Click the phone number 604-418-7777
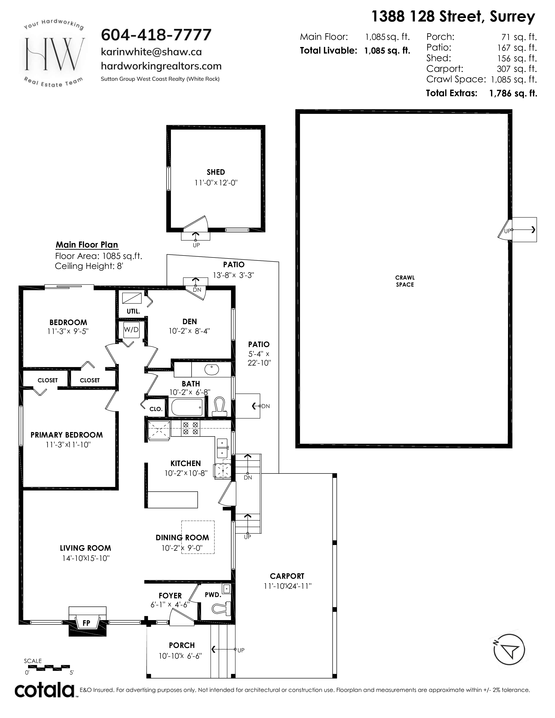pos(156,35)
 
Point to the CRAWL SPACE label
pos(405,281)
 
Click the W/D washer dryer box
pos(131,330)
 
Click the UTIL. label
pos(133,311)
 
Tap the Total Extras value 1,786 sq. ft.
pos(513,93)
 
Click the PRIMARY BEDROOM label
pos(67,435)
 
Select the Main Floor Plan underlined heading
pos(87,245)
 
